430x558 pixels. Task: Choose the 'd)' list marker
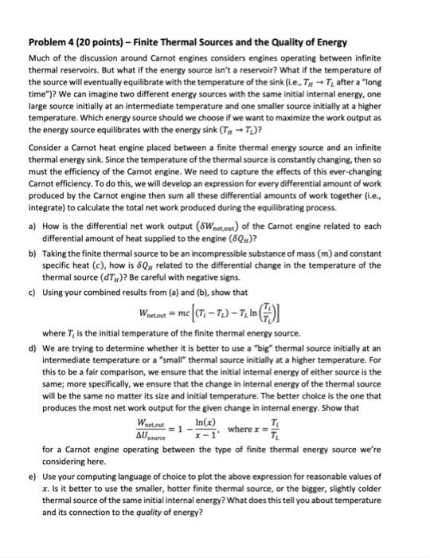(x=32, y=347)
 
